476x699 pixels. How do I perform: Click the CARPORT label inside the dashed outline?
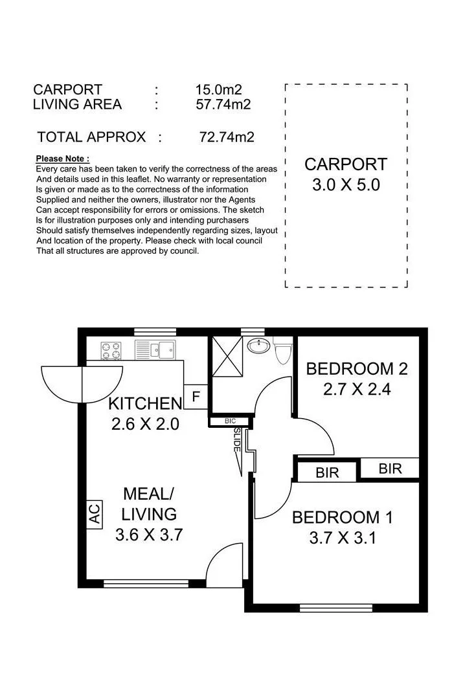tap(346, 164)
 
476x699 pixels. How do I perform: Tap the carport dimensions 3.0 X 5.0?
tap(346, 184)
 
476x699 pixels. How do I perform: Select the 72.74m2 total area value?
tap(227, 137)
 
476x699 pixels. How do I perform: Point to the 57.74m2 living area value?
tap(223, 104)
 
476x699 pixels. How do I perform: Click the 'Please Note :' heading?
tap(62, 159)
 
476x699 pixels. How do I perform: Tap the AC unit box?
tap(94, 514)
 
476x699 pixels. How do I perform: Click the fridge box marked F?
tap(196, 396)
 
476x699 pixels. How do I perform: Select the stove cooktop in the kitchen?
tap(111, 350)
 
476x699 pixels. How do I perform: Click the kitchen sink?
tap(155, 350)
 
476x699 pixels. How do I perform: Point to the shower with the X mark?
tap(227, 356)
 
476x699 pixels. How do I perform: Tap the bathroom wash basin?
tap(259, 345)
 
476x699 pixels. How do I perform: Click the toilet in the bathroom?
tap(282, 350)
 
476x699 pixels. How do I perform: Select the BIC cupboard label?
tap(230, 421)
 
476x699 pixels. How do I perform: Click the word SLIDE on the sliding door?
tap(237, 440)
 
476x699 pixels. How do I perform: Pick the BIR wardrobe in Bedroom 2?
tap(390, 469)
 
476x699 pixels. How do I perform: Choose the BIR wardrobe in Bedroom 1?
tap(327, 472)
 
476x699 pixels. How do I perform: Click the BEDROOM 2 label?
tap(357, 369)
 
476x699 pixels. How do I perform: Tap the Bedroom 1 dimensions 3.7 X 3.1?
tap(343, 538)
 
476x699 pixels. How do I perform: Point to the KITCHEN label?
tap(146, 403)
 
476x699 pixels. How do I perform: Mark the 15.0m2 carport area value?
tap(219, 89)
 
